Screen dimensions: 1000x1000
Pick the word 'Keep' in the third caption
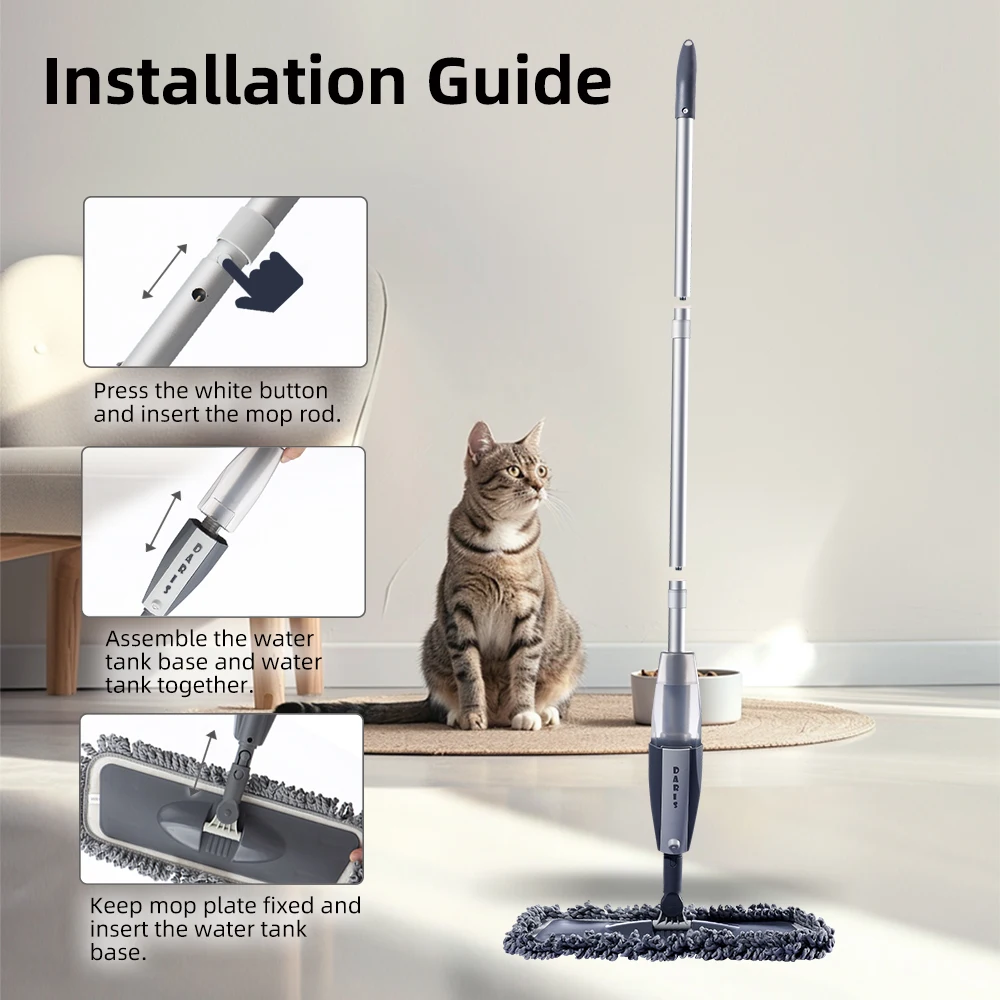coord(113,906)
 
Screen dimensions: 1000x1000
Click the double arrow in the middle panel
coord(164,520)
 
